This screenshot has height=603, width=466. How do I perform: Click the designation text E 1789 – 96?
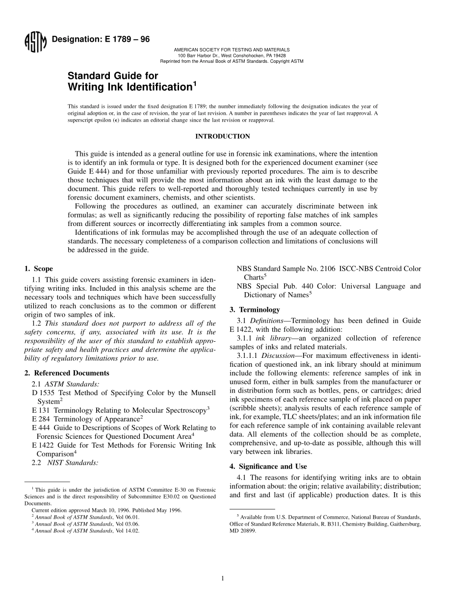coord(101,40)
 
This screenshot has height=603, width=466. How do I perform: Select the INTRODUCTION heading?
coord(222,136)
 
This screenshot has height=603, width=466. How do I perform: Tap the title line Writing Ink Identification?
coord(131,87)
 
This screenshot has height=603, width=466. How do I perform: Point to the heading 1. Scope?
coord(39,269)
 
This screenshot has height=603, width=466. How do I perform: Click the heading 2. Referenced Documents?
coord(67,373)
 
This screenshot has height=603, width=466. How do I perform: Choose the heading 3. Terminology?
coord(255,309)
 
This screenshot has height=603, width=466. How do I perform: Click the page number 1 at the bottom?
coord(222,578)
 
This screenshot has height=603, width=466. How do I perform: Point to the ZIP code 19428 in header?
coord(280,55)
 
